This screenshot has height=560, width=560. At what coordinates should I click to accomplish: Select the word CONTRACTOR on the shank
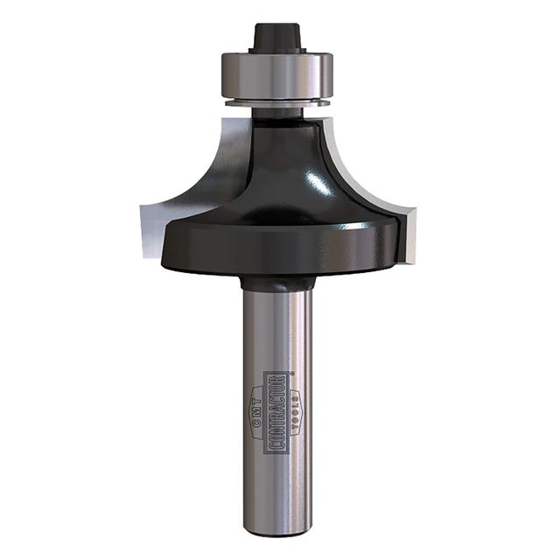pos(278,411)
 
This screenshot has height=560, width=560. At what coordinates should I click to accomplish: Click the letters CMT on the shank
pos(260,411)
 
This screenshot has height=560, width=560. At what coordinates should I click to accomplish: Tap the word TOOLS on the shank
pos(297,412)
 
